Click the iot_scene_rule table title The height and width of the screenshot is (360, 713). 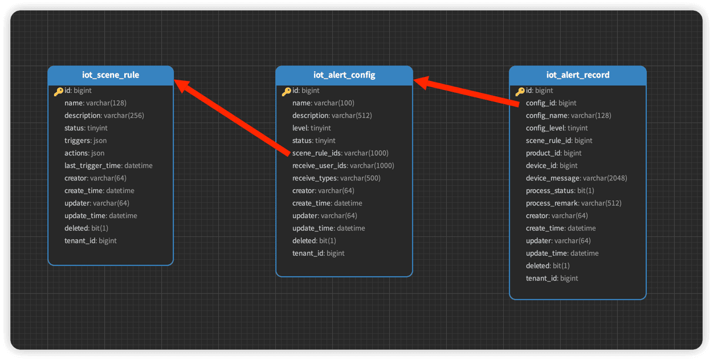[x=111, y=75]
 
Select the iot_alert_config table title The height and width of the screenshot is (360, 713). [x=344, y=75]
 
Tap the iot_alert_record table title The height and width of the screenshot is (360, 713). [x=578, y=75]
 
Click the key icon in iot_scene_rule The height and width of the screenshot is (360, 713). [x=59, y=91]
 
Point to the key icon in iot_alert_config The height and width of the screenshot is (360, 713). [x=287, y=91]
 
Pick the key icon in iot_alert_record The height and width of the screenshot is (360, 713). [x=520, y=91]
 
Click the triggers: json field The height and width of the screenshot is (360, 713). [x=85, y=141]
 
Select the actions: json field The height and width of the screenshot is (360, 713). [x=84, y=153]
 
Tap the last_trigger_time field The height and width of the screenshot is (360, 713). [x=108, y=166]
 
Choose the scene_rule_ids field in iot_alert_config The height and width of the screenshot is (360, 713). [x=340, y=153]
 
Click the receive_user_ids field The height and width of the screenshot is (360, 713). [x=343, y=166]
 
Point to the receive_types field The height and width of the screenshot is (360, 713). [x=336, y=178]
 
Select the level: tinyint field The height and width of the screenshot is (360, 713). [x=311, y=128]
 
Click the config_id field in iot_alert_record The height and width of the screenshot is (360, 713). [x=551, y=103]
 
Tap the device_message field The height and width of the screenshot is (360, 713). [x=576, y=178]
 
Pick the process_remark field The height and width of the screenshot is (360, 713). [x=573, y=203]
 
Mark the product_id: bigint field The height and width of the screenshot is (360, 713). [x=553, y=153]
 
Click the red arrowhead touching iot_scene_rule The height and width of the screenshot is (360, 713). [x=183, y=85]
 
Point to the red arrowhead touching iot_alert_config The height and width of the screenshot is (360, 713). [x=422, y=83]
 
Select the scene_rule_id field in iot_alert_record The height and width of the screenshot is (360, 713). [x=559, y=141]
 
